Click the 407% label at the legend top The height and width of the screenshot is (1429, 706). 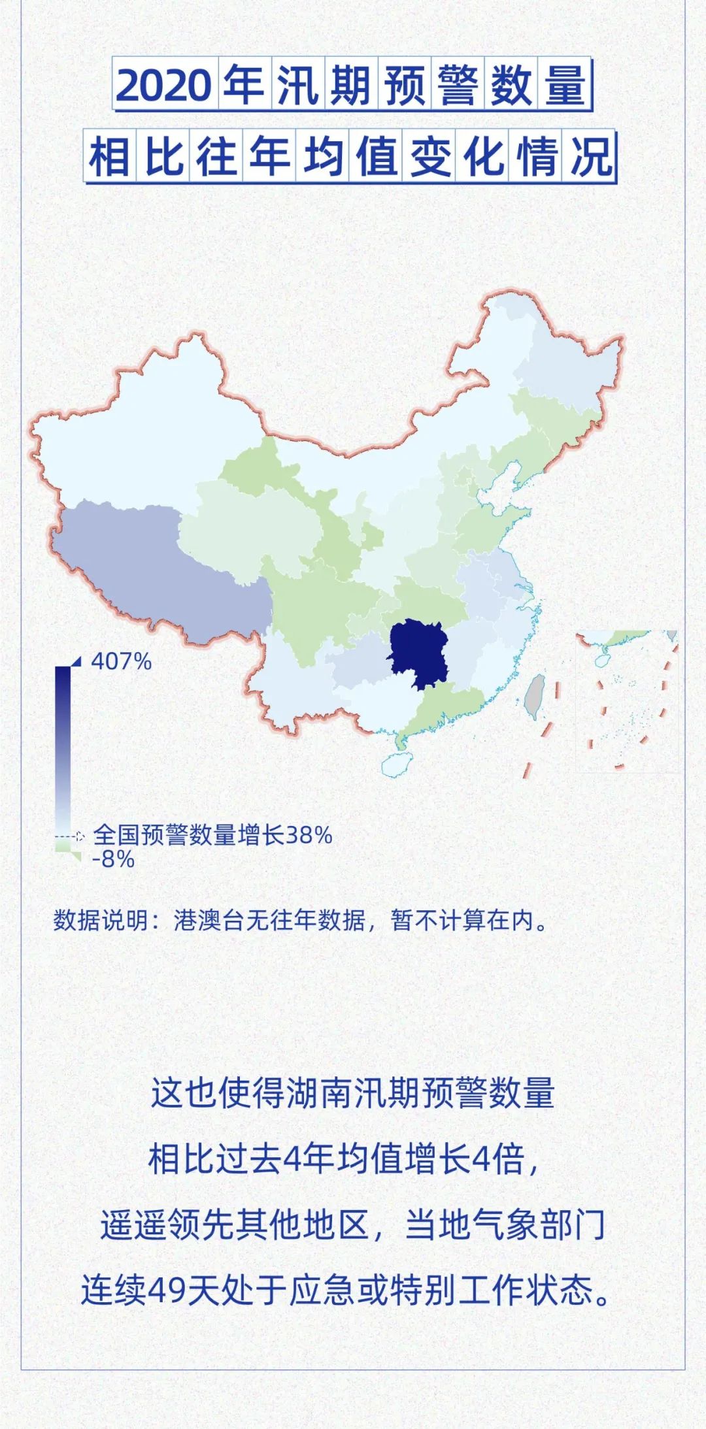[121, 661]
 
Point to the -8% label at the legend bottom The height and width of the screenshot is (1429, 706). [114, 859]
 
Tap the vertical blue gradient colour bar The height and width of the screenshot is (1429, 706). [63, 751]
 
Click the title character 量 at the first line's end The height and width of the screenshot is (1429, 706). [564, 86]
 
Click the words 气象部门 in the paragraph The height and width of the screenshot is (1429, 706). [523, 1225]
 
